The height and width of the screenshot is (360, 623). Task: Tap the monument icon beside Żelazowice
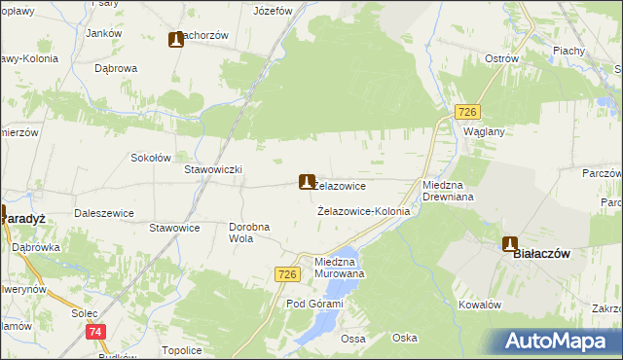tap(307, 181)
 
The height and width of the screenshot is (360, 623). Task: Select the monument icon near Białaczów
tap(509, 244)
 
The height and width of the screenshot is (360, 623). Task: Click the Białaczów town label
tap(540, 253)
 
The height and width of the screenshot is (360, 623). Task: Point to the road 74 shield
tap(95, 332)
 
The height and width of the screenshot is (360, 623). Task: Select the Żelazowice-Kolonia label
tap(364, 210)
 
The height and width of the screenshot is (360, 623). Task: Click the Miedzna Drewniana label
tap(447, 190)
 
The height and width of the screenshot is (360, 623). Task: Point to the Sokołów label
tap(151, 157)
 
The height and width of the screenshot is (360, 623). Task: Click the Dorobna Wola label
tap(249, 233)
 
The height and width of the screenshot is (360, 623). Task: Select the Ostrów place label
tap(500, 58)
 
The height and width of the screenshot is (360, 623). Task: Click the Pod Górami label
tap(314, 304)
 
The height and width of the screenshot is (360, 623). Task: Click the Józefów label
tap(273, 12)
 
